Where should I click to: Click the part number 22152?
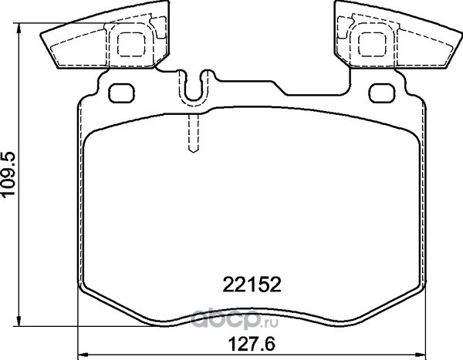point(252,284)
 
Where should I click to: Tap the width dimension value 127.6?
point(252,344)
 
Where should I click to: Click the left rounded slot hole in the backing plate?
point(122,93)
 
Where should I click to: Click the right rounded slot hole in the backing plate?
point(383,93)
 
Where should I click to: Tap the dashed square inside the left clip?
point(131,44)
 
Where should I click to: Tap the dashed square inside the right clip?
point(373,44)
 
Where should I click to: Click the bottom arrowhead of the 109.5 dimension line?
point(19,321)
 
